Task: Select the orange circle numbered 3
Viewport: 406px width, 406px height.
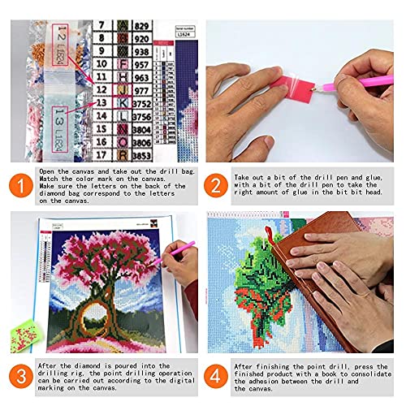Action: tap(17, 375)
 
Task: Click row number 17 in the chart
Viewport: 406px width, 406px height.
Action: tap(101, 153)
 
